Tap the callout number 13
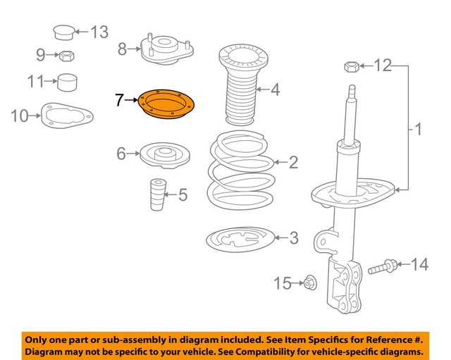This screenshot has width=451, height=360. pos(99,32)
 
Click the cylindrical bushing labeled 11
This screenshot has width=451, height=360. pos(67,82)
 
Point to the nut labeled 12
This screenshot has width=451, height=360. pos(352,68)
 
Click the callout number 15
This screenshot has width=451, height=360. pos(282,283)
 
